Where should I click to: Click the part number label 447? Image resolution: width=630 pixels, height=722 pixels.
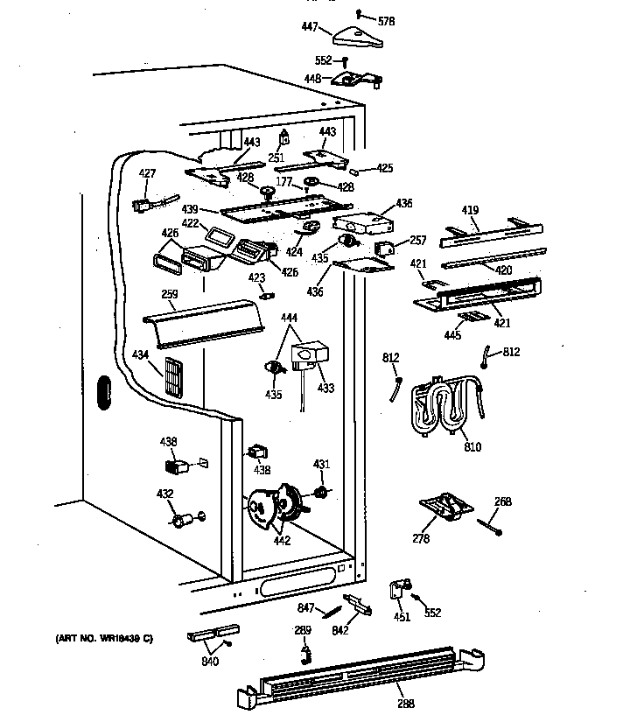pos(310,28)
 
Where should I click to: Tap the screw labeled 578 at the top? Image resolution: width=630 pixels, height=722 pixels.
pos(360,12)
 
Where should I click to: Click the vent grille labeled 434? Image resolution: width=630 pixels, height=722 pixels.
pos(175,377)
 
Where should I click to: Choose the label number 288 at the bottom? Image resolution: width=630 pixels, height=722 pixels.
pos(405,704)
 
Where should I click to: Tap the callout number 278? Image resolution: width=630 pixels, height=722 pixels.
pos(421,538)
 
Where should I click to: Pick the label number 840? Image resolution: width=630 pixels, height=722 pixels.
pos(209,662)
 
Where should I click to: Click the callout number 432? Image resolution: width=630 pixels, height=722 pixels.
pos(164,494)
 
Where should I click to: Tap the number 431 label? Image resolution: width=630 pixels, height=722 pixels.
pos(322,464)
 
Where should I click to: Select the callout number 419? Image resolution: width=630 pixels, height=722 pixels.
pos(471,211)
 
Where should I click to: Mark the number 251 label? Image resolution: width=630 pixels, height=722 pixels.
pos(276,158)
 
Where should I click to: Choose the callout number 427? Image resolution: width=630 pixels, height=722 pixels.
pos(147,173)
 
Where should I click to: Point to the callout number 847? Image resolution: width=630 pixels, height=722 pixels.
pos(305,606)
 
